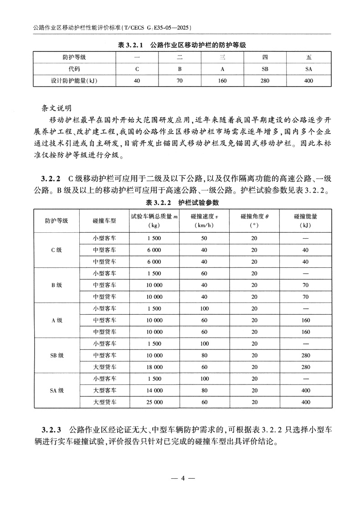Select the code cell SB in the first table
coord(265,69)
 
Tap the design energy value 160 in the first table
coord(222,81)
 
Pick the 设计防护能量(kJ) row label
coord(74,81)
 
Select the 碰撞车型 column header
coord(104,220)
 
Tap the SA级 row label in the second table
coord(57,390)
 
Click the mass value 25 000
coord(154,402)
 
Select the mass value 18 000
coord(154,367)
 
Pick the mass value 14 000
coord(154,390)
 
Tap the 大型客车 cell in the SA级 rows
coord(104,390)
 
